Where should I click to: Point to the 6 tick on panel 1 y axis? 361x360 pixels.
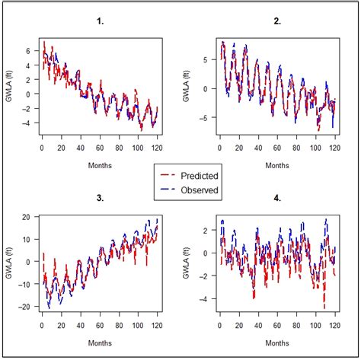pyautogui.click(x=27, y=51)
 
